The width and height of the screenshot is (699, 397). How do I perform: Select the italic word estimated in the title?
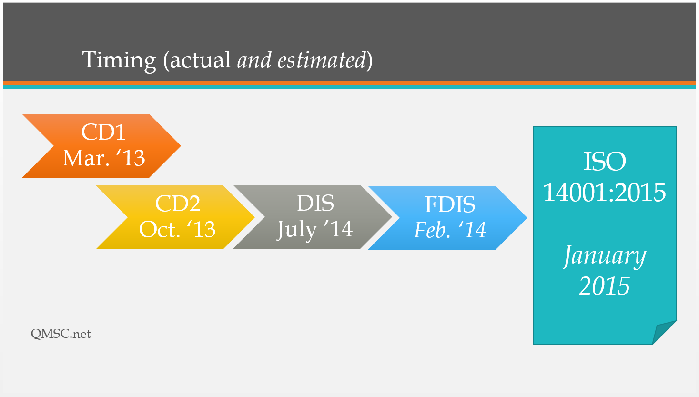pyautogui.click(x=322, y=60)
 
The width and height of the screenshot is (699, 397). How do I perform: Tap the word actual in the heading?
pyautogui.click(x=200, y=60)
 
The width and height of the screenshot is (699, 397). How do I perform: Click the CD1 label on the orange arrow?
pyautogui.click(x=103, y=132)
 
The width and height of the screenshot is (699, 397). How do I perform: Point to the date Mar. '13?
pyautogui.click(x=103, y=158)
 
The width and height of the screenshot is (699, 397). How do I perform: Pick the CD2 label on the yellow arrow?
pyautogui.click(x=178, y=204)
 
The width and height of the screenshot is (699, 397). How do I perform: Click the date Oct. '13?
pyautogui.click(x=177, y=229)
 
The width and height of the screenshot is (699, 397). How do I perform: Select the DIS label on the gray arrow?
pyautogui.click(x=315, y=203)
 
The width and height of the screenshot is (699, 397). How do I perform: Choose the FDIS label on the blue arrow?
pyautogui.click(x=450, y=204)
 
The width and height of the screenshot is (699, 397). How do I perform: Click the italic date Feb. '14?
pyautogui.click(x=450, y=230)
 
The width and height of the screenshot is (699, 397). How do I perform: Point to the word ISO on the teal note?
pyautogui.click(x=605, y=162)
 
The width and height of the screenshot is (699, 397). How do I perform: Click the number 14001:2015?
pyautogui.click(x=605, y=192)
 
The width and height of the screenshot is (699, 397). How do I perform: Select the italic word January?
pyautogui.click(x=605, y=256)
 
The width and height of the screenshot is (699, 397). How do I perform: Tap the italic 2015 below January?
pyautogui.click(x=604, y=286)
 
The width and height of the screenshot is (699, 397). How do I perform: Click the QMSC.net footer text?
pyautogui.click(x=61, y=334)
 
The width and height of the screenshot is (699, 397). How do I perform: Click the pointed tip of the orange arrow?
pyautogui.click(x=181, y=145)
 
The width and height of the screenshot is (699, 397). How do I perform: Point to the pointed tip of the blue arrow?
pyautogui.click(x=527, y=218)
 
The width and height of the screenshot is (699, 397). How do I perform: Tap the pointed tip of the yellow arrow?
pyautogui.click(x=254, y=217)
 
